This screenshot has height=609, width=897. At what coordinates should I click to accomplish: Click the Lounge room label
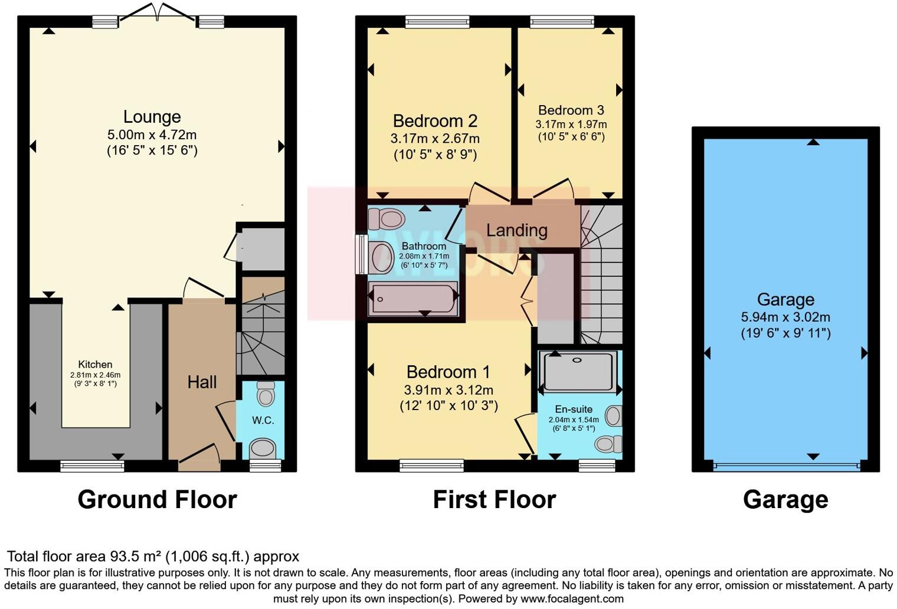(x=152, y=117)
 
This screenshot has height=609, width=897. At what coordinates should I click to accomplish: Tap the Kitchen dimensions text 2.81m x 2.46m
(x=96, y=375)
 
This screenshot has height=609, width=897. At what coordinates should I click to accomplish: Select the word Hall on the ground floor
(x=202, y=382)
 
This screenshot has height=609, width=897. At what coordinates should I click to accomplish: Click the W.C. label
(x=263, y=420)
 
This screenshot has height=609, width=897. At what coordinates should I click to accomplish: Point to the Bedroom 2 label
(x=435, y=121)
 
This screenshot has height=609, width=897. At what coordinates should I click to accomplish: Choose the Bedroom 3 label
(x=571, y=110)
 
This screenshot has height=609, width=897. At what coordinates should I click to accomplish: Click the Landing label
(x=516, y=230)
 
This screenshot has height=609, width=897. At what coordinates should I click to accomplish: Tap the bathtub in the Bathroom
(x=413, y=298)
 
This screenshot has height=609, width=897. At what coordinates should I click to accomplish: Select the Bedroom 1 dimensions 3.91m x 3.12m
(x=448, y=390)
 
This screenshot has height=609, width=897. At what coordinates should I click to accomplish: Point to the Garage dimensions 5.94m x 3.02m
(x=785, y=317)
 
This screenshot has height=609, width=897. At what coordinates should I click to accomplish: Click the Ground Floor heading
(x=157, y=500)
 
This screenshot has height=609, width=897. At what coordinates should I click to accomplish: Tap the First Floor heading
(x=495, y=500)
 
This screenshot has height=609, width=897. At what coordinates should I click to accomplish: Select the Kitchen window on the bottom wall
(x=92, y=466)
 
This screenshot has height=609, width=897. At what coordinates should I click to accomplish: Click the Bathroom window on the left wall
(x=362, y=254)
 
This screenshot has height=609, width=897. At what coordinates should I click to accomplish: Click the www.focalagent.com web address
(x=572, y=599)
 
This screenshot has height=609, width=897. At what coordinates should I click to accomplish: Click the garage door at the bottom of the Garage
(x=787, y=466)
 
